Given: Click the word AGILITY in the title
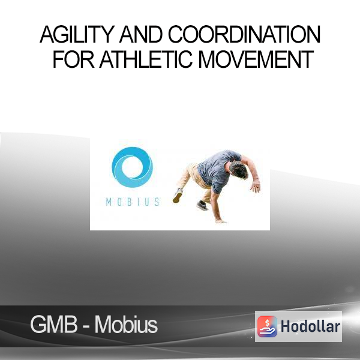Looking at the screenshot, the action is click(x=77, y=34).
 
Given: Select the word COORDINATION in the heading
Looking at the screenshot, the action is click(x=244, y=34).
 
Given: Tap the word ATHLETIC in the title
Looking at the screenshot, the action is click(x=146, y=59).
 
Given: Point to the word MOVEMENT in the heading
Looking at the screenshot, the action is click(x=256, y=59).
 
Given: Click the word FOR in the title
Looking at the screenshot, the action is click(x=73, y=59).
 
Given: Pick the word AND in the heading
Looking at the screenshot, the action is click(x=141, y=34).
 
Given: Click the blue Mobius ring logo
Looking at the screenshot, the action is click(x=132, y=167).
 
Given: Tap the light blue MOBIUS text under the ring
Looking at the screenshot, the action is click(x=133, y=202).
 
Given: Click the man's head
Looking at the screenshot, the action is click(x=239, y=170).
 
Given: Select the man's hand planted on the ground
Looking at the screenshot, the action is click(x=221, y=221).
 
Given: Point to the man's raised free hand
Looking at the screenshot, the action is click(x=256, y=186).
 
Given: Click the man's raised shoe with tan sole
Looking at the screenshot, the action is click(x=178, y=196).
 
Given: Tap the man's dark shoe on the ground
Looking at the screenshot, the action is click(x=203, y=205).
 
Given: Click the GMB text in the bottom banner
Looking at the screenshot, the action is click(x=54, y=325).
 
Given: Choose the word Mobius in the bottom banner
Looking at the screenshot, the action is click(x=126, y=325).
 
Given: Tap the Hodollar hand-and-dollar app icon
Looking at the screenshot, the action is click(x=267, y=326).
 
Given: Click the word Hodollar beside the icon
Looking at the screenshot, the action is click(x=310, y=326).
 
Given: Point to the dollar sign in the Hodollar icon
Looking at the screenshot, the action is click(x=268, y=323).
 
